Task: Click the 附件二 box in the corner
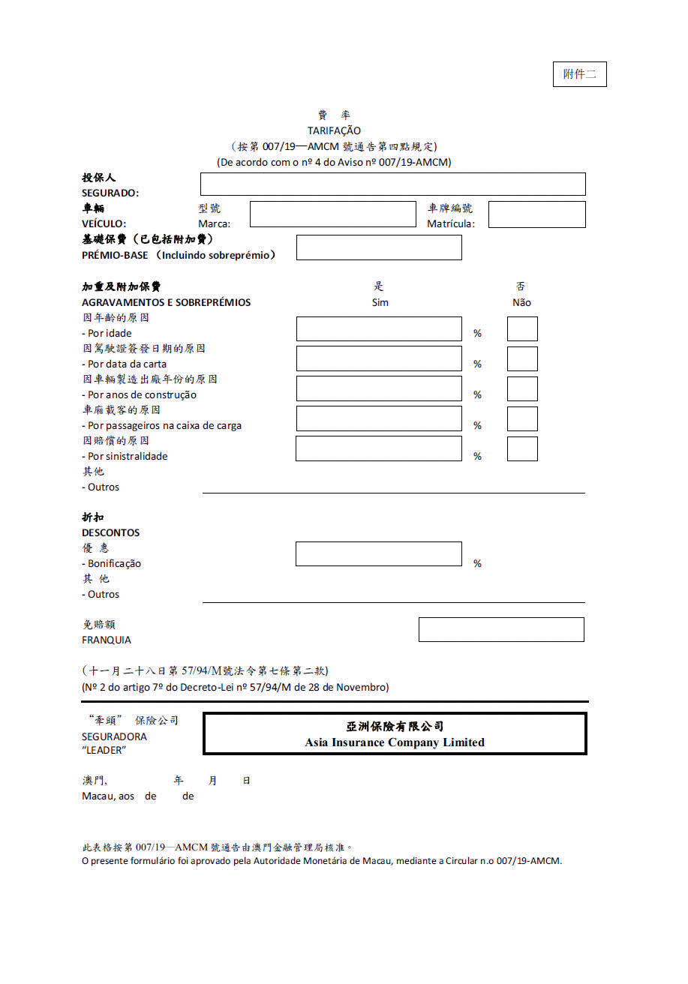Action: (x=579, y=74)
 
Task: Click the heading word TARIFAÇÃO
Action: (x=334, y=130)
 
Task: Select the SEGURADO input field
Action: (x=392, y=184)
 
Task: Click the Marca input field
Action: (x=332, y=214)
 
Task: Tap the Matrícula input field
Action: (x=536, y=214)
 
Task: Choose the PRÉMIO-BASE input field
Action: (x=379, y=247)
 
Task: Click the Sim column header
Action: (x=380, y=302)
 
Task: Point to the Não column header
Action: (x=521, y=302)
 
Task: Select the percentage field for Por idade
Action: (x=379, y=329)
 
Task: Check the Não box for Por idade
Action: (x=522, y=329)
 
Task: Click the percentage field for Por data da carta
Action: (x=379, y=358)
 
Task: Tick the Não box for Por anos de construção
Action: (x=522, y=389)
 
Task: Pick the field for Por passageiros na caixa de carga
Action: (x=379, y=418)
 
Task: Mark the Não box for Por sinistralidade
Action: (x=522, y=448)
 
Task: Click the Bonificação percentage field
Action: (x=379, y=553)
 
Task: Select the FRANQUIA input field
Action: (x=501, y=630)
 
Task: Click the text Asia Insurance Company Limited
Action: (x=395, y=742)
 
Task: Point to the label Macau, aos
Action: (x=108, y=796)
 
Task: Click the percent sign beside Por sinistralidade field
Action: (x=477, y=456)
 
